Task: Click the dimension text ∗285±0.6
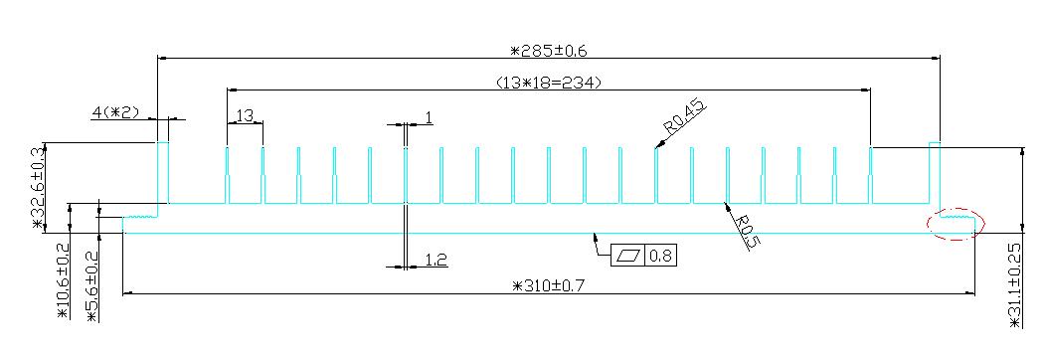(x=548, y=50)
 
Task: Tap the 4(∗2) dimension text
(x=115, y=112)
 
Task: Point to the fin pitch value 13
(x=245, y=115)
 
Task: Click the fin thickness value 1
(x=429, y=117)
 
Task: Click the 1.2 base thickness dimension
(x=435, y=260)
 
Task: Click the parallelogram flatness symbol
(x=627, y=256)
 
